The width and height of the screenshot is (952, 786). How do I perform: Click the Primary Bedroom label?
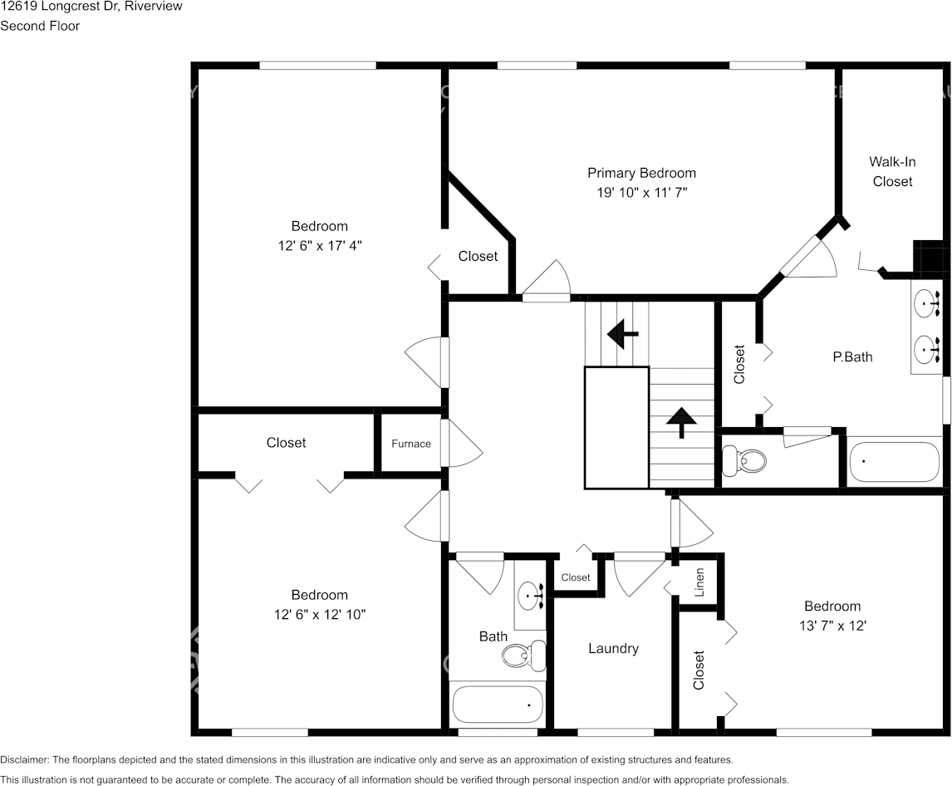641,173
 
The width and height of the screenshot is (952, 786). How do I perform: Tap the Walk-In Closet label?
892,171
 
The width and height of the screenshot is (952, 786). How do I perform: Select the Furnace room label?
411,444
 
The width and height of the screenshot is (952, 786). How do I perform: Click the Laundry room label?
613,648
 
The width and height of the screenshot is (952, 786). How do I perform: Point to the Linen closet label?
699,582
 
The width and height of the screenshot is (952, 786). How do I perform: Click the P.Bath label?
852,356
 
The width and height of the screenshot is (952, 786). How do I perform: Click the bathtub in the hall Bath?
498,704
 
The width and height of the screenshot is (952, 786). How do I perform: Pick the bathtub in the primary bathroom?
894,462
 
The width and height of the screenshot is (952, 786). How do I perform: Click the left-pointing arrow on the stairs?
622,334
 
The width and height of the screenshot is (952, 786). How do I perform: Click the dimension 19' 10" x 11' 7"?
641,192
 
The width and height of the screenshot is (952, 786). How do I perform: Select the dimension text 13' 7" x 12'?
832,626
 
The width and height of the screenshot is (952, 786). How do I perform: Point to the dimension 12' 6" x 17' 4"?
319,245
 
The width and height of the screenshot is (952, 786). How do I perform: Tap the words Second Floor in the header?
40,26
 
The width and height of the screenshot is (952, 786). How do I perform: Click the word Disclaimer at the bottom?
24,759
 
